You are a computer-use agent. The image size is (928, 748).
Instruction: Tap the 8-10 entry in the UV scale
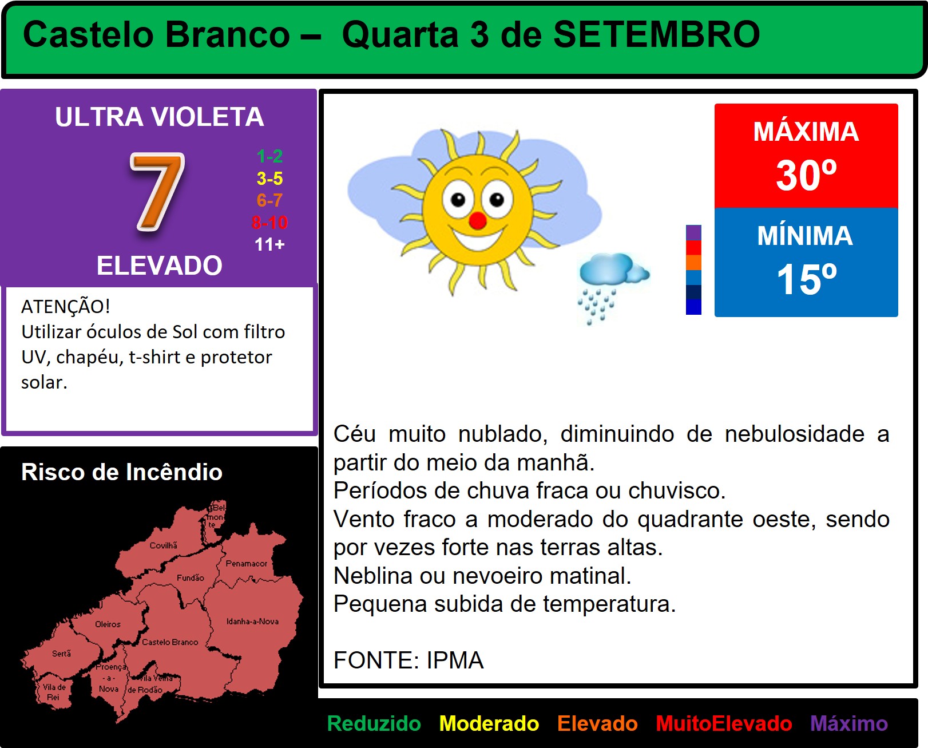[x=269, y=223]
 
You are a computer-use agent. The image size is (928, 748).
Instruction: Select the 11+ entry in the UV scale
[x=269, y=244]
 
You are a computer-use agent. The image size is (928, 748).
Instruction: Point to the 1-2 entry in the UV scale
[x=269, y=156]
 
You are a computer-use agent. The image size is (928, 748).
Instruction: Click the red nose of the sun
[x=477, y=220]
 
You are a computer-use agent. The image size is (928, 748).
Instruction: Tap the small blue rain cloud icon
[x=613, y=287]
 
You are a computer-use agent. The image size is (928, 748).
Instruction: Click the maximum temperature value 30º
[x=806, y=175]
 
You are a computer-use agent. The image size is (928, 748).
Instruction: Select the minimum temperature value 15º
[x=806, y=279]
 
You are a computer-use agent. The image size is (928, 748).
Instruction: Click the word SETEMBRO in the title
[x=656, y=34]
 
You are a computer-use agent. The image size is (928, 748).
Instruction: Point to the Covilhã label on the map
[x=164, y=545]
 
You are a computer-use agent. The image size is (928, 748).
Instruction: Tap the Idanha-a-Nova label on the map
[x=253, y=621]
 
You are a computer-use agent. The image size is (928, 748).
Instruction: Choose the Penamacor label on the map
[x=246, y=563]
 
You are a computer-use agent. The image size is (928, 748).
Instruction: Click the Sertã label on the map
[x=61, y=654]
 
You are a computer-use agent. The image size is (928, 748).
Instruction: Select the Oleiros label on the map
[x=108, y=624]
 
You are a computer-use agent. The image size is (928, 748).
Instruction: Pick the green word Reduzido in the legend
[x=374, y=724]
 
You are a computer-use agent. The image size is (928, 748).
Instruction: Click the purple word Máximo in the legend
[x=849, y=724]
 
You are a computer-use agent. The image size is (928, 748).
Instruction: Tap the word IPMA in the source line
[x=455, y=660]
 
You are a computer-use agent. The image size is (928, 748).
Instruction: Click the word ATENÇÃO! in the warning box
[x=66, y=307]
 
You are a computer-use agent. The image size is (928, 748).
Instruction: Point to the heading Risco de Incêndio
[x=122, y=472]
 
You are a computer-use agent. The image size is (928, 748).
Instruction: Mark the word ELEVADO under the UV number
[x=159, y=265]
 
